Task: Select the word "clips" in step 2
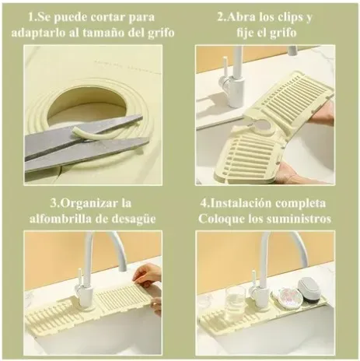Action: point(288,17)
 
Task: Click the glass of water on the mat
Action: point(235,302)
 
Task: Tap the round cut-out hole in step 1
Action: point(88,110)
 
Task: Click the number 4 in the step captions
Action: point(204,203)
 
